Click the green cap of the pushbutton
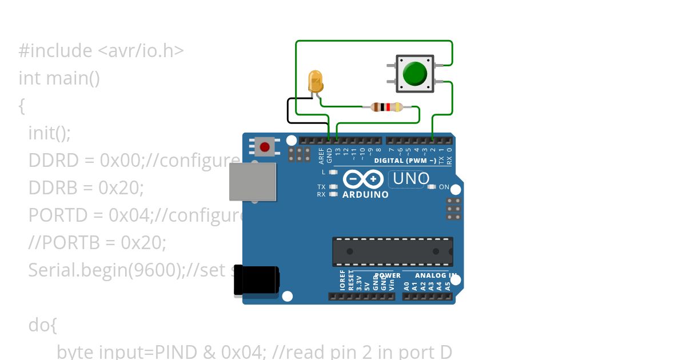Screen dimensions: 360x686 tap(414, 74)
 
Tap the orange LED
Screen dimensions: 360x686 tap(315, 81)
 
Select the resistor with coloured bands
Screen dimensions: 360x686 tap(387, 106)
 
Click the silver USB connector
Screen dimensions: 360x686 tap(252, 182)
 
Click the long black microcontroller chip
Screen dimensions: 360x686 tap(392, 251)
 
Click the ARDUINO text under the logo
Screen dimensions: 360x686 tap(365, 195)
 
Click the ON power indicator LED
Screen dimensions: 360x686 tap(432, 187)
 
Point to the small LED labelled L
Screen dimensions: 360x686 tap(333, 172)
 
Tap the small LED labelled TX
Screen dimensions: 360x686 tap(333, 187)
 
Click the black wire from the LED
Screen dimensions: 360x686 tap(288, 111)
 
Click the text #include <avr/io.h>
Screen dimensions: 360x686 tap(101, 51)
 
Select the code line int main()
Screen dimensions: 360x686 tap(59, 78)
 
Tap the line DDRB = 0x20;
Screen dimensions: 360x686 tap(86, 188)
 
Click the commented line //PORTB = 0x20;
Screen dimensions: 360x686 tap(97, 243)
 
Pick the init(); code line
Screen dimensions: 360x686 tap(49, 133)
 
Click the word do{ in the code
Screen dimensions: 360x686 tap(43, 325)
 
